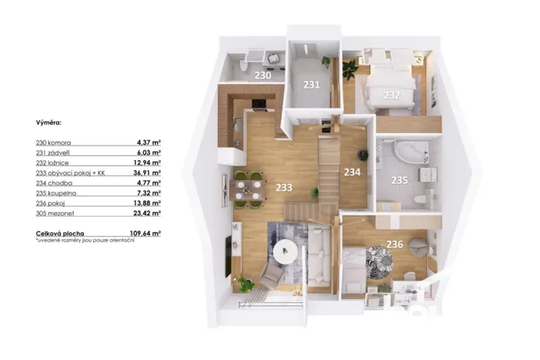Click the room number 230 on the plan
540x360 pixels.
[262, 75]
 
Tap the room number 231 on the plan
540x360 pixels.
[311, 85]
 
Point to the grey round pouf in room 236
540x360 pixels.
[415, 247]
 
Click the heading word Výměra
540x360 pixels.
[49, 122]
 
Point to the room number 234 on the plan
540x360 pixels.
[353, 172]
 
